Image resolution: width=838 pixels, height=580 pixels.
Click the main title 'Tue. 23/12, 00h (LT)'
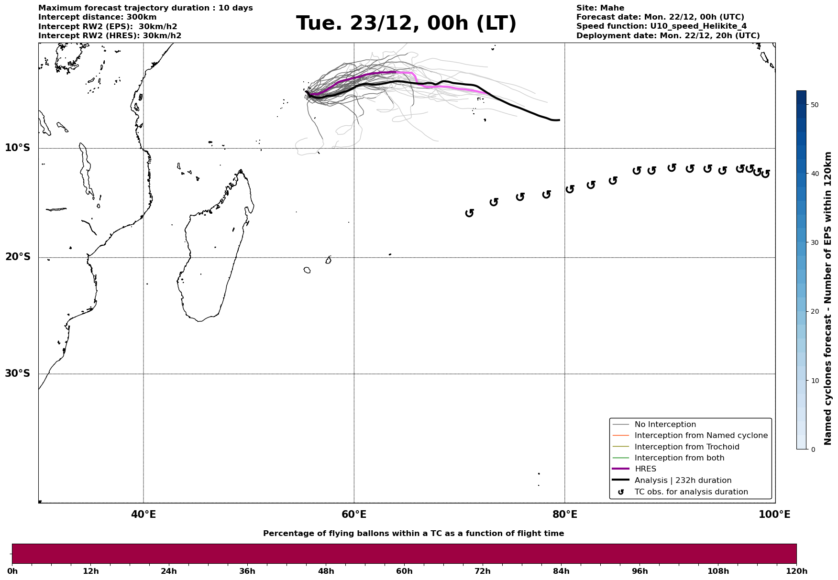(406, 23)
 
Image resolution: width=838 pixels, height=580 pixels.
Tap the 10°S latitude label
(18, 148)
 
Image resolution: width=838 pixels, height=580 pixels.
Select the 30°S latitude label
(18, 373)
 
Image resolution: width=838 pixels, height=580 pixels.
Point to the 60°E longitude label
(354, 514)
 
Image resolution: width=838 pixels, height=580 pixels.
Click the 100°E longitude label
(774, 514)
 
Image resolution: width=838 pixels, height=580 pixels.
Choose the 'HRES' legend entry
(645, 469)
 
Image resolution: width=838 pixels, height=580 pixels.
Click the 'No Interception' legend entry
(665, 425)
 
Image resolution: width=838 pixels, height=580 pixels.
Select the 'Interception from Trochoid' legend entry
(686, 447)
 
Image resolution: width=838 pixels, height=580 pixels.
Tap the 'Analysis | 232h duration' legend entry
(683, 481)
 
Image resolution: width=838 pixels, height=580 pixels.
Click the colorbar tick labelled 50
(815, 105)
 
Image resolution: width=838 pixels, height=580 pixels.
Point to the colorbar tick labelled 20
(815, 312)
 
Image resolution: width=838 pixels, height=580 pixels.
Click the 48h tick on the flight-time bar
(326, 571)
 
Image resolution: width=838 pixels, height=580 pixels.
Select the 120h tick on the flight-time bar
(796, 571)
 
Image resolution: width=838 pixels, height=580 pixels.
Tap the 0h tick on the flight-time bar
(12, 571)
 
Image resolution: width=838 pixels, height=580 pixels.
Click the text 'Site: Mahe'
(600, 8)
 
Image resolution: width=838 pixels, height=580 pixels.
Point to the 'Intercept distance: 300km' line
(97, 17)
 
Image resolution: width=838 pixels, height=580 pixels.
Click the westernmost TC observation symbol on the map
(470, 213)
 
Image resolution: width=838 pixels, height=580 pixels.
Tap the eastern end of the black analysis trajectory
(559, 120)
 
